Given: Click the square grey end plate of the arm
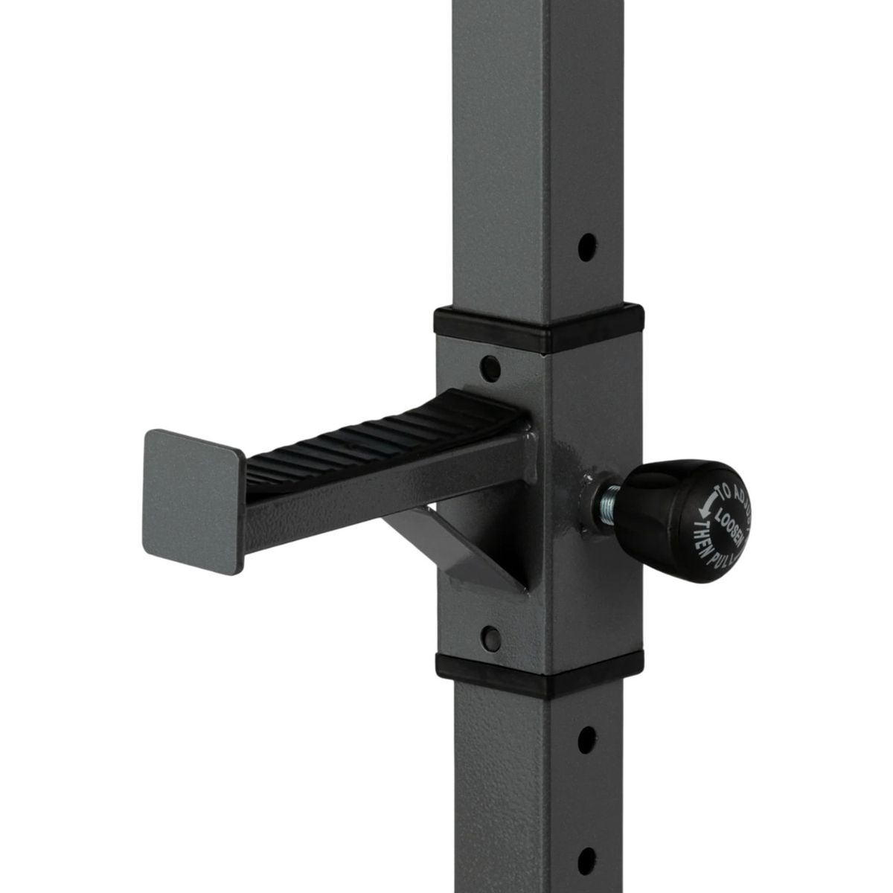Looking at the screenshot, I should click(x=192, y=491).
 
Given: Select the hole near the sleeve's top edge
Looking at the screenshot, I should click(x=490, y=365).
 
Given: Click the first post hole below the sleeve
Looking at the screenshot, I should click(x=587, y=736).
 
